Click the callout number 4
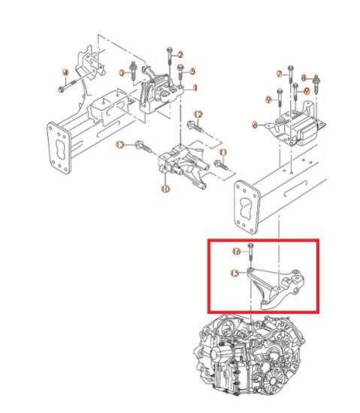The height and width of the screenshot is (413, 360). (x=65, y=72)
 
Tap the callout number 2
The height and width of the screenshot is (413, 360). (x=180, y=53)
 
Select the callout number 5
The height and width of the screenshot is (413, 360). (x=192, y=71)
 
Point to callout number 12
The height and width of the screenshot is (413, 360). (x=199, y=114)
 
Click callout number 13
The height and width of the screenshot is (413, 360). (x=119, y=144)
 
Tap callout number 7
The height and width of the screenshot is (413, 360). (x=279, y=74)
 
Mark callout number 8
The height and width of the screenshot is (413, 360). (x=304, y=77)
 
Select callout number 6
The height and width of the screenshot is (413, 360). (x=256, y=124)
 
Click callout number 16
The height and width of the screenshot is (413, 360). (x=237, y=251)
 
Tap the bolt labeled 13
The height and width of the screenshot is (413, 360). (x=140, y=145)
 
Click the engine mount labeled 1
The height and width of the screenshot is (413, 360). (x=161, y=92)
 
